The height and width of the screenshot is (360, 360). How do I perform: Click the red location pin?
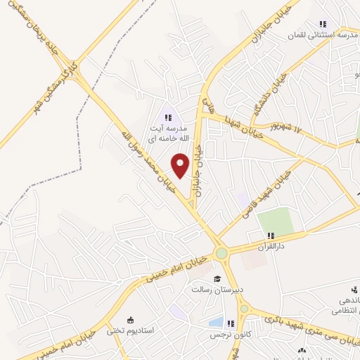click(181, 165)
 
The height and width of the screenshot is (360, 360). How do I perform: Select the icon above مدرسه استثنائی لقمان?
click(323, 24)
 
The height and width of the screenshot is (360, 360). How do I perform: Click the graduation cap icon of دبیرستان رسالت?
click(217, 278)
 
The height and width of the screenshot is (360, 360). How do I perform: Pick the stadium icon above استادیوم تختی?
click(128, 319)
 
